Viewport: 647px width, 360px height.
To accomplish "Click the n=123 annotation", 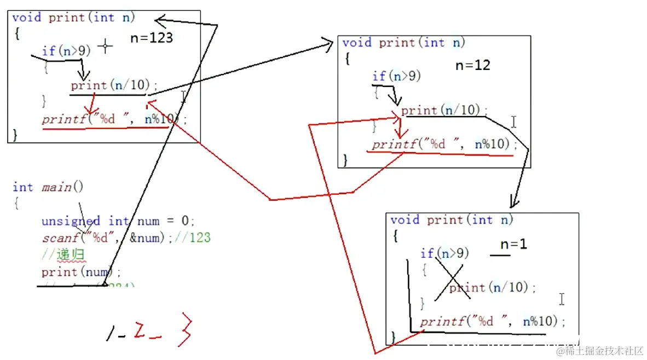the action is [x=152, y=38].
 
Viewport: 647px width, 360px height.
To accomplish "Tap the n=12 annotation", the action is [x=473, y=65].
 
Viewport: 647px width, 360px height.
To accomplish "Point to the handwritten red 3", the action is [x=184, y=329].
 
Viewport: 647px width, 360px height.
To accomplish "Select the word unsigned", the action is [x=71, y=221].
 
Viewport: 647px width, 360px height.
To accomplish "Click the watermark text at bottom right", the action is [x=599, y=350].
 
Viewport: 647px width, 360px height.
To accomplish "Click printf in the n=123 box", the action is [x=63, y=120].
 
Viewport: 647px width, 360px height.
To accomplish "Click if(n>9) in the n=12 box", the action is [x=396, y=76].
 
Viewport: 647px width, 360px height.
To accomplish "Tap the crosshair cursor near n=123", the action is [x=105, y=47].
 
